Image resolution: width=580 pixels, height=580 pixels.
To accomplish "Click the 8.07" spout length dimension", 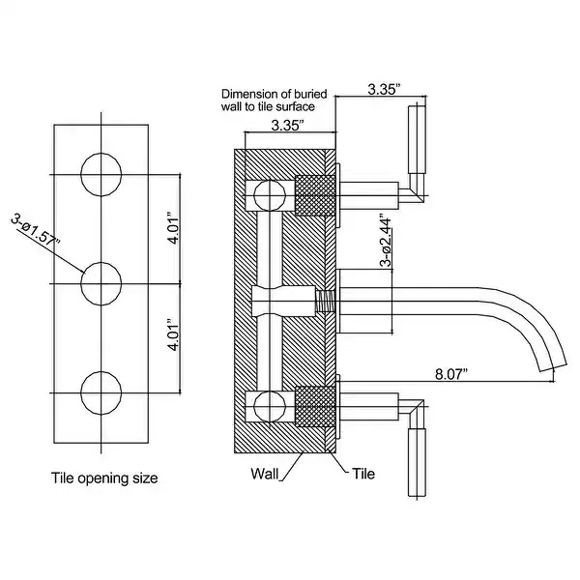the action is pyautogui.click(x=451, y=374).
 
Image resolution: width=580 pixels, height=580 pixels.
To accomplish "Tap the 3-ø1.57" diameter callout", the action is pyautogui.click(x=36, y=230).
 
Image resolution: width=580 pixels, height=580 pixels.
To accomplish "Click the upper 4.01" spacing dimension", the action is pyautogui.click(x=173, y=228).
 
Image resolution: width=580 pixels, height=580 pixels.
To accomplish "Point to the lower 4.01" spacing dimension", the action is pyautogui.click(x=173, y=334).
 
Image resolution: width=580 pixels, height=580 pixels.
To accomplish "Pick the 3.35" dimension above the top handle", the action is pyautogui.click(x=385, y=90).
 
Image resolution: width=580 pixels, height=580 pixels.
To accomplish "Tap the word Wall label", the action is pyautogui.click(x=265, y=474).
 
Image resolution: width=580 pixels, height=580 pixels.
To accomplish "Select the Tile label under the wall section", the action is pyautogui.click(x=363, y=474).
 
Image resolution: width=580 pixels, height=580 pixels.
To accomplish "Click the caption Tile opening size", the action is pyautogui.click(x=104, y=478).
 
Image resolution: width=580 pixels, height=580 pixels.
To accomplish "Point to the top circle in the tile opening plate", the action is pyautogui.click(x=101, y=174).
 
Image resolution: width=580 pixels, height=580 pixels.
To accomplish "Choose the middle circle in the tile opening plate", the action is pyautogui.click(x=101, y=283).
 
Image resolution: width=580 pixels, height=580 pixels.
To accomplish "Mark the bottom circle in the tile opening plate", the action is pyautogui.click(x=101, y=392).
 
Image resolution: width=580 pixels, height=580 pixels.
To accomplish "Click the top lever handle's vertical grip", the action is pyautogui.click(x=417, y=140).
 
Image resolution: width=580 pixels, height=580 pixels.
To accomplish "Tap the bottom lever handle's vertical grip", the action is pyautogui.click(x=417, y=462).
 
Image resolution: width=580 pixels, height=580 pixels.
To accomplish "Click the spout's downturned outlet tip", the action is pyautogui.click(x=553, y=364).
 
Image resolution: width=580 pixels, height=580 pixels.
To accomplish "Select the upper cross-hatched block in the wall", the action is pyautogui.click(x=315, y=195).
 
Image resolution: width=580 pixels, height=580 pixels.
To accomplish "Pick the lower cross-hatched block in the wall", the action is pyautogui.click(x=315, y=407).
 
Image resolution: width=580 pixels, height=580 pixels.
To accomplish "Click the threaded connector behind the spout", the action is pyautogui.click(x=325, y=302).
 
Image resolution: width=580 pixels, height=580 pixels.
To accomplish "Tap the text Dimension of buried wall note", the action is pyautogui.click(x=275, y=101).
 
